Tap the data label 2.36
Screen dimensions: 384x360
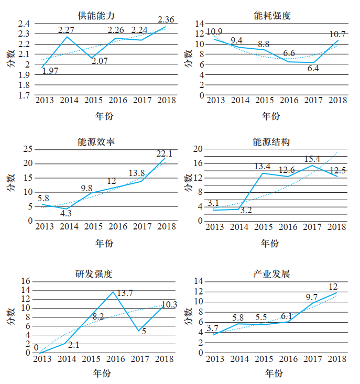[x=166, y=20]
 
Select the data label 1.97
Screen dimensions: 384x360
[x=49, y=71]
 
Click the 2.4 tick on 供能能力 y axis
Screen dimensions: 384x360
[x=24, y=24]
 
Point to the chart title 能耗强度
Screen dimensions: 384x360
[x=271, y=15]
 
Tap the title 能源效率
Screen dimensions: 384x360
[x=95, y=142]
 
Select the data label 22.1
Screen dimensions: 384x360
[x=164, y=153]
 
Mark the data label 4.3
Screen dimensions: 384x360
[x=66, y=213]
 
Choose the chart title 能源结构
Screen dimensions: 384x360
[x=271, y=142]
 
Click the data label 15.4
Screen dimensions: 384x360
[x=313, y=159]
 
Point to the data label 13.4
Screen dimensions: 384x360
[x=262, y=167]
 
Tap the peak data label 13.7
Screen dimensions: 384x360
[x=124, y=293]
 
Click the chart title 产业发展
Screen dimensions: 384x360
[x=271, y=274]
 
